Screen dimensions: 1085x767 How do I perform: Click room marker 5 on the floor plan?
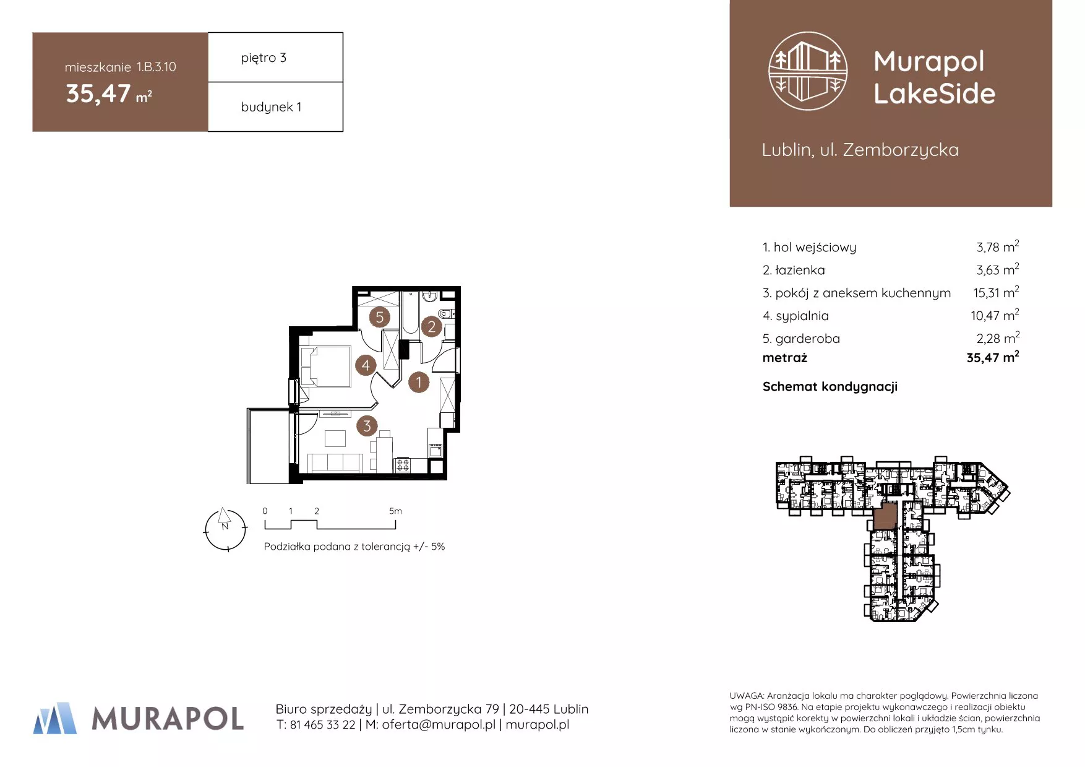click(380, 318)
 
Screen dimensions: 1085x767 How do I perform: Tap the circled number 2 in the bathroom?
click(432, 327)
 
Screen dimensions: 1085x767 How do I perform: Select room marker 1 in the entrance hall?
click(419, 382)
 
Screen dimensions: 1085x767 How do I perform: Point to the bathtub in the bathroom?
click(410, 313)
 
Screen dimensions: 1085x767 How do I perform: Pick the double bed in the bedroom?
click(325, 366)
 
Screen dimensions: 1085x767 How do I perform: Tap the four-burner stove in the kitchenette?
click(403, 464)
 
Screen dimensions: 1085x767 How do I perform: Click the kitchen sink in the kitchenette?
click(435, 450)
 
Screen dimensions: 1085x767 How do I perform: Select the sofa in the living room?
click(335, 462)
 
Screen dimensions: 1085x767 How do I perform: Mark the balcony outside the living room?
click(268, 446)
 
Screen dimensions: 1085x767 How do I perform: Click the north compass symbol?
click(225, 529)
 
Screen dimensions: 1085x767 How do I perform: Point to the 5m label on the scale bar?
click(395, 511)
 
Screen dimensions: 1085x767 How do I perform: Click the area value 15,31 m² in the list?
click(996, 292)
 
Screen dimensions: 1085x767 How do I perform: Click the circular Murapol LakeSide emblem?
click(808, 71)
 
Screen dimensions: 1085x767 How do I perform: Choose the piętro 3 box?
click(275, 57)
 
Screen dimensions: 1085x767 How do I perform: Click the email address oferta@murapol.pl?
click(439, 724)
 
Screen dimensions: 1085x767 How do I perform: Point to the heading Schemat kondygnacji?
click(830, 387)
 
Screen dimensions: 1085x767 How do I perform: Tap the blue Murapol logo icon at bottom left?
click(55, 718)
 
